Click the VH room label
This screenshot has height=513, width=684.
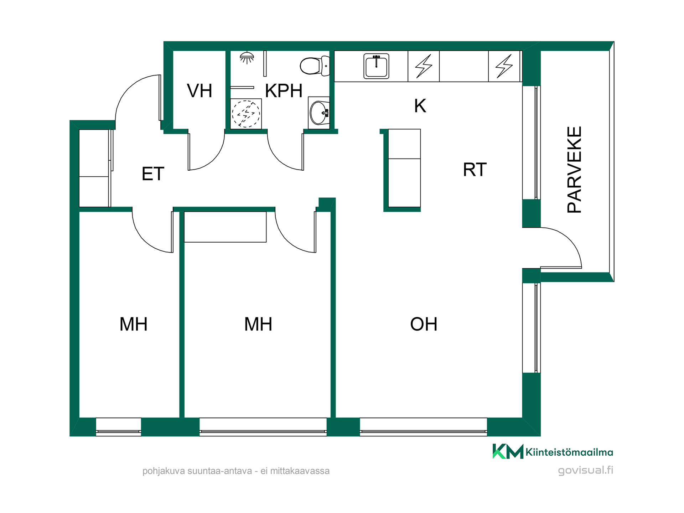click(x=199, y=91)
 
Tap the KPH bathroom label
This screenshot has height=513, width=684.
click(x=284, y=91)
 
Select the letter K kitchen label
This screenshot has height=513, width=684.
click(x=420, y=106)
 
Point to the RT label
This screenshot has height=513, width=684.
click(x=475, y=170)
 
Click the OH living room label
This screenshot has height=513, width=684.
click(x=424, y=324)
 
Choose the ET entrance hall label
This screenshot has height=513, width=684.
click(x=153, y=174)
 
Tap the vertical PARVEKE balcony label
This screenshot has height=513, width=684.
click(x=574, y=170)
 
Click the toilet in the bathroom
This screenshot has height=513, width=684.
click(x=315, y=66)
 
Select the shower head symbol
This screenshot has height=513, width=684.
click(x=247, y=58)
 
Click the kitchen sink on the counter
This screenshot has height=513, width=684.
click(x=376, y=66)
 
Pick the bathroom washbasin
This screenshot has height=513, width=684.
click(x=319, y=113)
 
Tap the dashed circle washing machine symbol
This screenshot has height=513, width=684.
click(x=246, y=114)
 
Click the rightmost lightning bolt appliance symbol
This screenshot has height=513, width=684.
click(x=504, y=66)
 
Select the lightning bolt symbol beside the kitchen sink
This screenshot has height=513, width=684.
click(x=424, y=66)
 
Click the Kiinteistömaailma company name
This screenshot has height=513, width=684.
click(x=569, y=452)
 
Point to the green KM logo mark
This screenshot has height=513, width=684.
click(x=508, y=451)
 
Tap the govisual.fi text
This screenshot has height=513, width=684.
click(x=586, y=470)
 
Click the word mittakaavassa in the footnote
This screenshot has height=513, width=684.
click(x=300, y=471)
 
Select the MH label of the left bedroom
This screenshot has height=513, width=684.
click(x=133, y=324)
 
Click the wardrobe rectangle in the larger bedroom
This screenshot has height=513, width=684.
click(x=225, y=227)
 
